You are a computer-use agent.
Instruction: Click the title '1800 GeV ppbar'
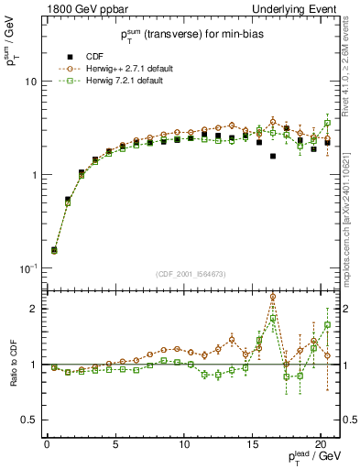tap(80, 8)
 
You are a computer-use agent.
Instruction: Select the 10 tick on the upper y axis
tap(33, 82)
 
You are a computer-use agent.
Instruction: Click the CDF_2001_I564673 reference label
tap(191, 274)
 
